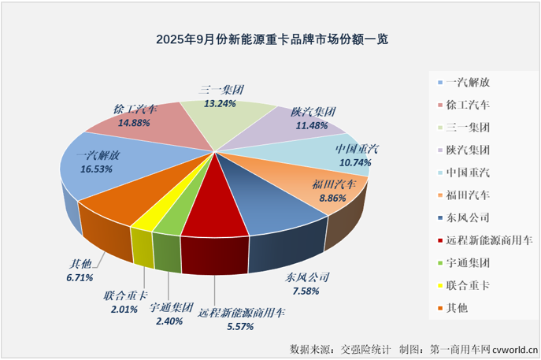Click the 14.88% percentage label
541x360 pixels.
(x=134, y=123)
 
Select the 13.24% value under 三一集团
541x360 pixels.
(x=220, y=103)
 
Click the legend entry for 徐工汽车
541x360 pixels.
(x=467, y=103)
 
